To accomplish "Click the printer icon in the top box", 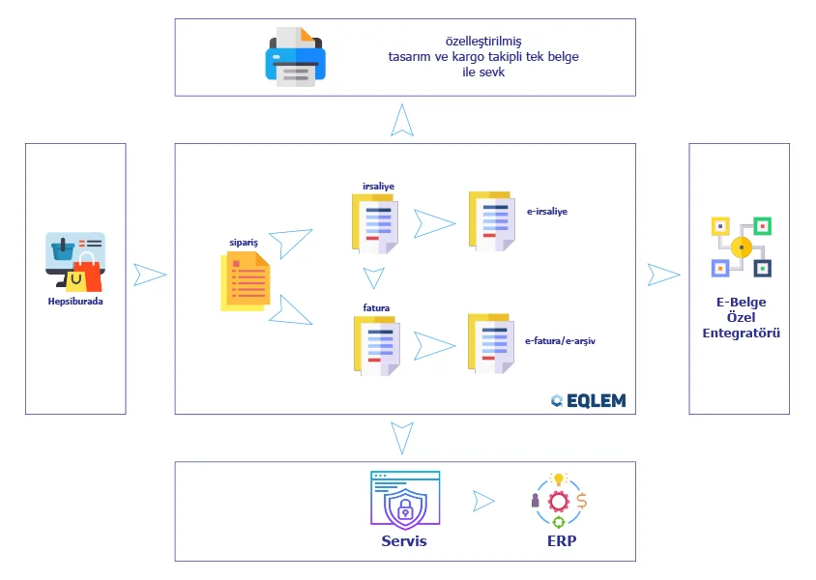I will pos(296,57).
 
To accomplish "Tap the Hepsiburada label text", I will pos(75,301).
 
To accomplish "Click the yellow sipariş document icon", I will pos(246,281).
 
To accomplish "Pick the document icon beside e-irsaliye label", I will pos(490,221).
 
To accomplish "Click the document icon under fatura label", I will pos(375,345).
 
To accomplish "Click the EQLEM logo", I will pos(588,400).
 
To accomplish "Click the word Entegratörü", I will pos(741,333).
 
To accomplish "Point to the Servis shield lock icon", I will pos(404,499).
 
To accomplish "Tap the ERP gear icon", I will pos(560,501).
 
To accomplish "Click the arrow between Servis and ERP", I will pos(483,501).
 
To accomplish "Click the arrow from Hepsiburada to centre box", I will pos(150,275).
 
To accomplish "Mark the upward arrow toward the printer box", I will pos(404,120).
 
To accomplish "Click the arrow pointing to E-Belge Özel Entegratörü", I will pos(663,275).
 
